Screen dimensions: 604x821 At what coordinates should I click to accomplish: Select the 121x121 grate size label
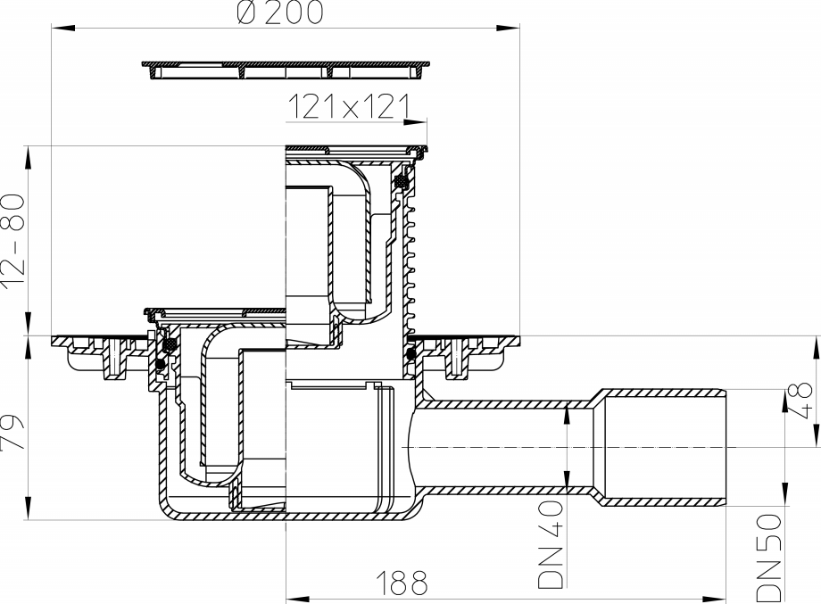coord(348,108)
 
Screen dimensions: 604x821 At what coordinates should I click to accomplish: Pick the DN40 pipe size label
coord(551,545)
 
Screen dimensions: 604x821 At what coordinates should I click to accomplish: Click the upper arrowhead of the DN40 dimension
coord(568,411)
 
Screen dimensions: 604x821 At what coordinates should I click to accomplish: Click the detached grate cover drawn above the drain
coord(285,69)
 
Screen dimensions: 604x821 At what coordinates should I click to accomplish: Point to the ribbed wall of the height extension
coord(412,259)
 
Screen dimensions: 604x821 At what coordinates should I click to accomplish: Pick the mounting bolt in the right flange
coord(460,359)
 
